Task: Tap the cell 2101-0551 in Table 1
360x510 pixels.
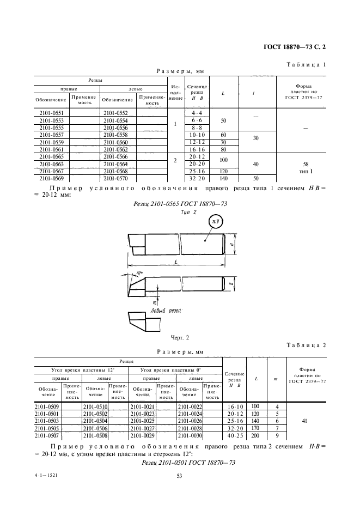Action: tap(51, 112)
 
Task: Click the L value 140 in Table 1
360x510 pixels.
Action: tap(224, 178)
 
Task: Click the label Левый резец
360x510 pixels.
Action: tap(167, 309)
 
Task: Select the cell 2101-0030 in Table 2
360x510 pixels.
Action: tap(190, 435)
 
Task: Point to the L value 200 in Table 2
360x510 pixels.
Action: tap(255, 435)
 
